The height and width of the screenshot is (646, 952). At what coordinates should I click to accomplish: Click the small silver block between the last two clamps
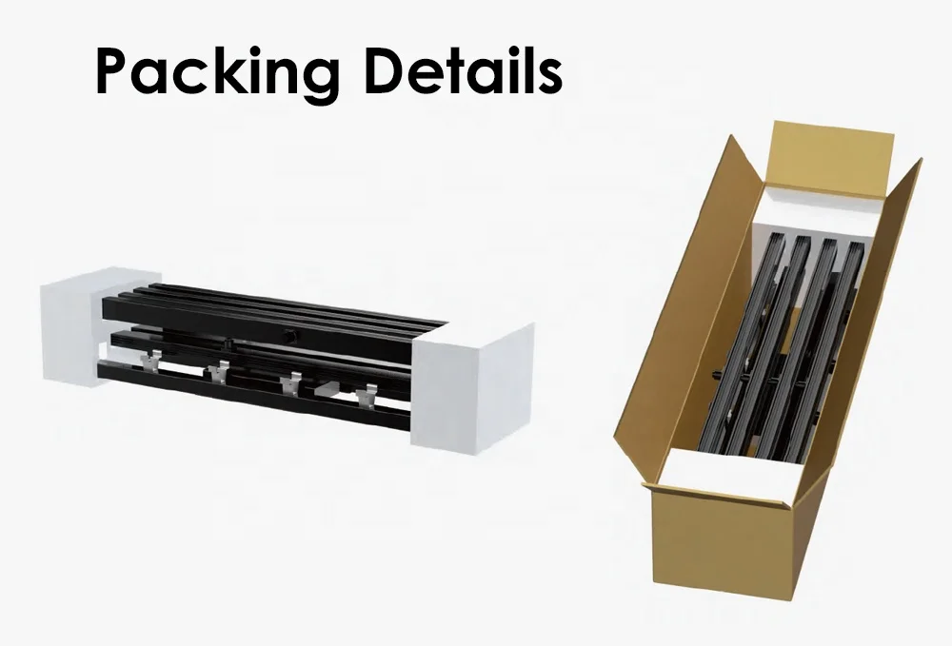[329, 389]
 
